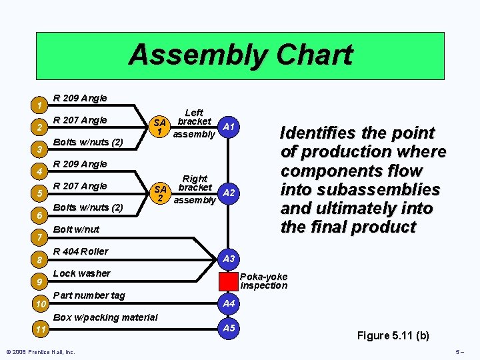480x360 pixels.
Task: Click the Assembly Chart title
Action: (x=240, y=55)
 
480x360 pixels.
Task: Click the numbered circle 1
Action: (x=41, y=105)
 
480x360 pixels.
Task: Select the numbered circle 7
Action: (x=41, y=237)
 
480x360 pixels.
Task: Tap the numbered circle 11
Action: (x=41, y=329)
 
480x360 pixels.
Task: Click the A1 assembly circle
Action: (x=229, y=127)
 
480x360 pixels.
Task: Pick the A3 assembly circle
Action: (x=229, y=259)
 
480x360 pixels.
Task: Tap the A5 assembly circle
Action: (x=229, y=328)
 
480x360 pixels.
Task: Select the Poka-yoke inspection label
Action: (x=263, y=281)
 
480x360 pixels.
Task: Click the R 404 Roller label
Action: (x=80, y=251)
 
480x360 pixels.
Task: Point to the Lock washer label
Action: (x=81, y=273)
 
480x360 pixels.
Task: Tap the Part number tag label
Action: (x=89, y=295)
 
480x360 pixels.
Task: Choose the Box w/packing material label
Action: (x=105, y=317)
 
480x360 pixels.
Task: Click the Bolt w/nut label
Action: (x=76, y=229)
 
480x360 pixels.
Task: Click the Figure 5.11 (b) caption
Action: (x=393, y=335)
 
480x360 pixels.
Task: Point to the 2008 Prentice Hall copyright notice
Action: (x=40, y=352)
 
